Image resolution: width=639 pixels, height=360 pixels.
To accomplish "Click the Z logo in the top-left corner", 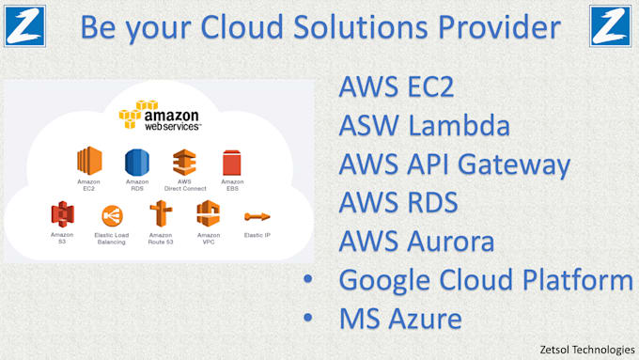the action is (24, 25).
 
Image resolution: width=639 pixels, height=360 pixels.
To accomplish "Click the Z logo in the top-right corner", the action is (611, 25).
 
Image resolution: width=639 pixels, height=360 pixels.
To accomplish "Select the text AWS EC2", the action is (396, 88).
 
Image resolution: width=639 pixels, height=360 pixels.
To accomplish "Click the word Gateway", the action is (520, 165).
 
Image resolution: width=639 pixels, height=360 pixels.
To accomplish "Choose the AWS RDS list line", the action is (397, 203).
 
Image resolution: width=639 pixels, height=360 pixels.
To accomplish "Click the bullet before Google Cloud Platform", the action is (308, 280).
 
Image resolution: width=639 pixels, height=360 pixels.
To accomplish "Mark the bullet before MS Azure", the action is (308, 319).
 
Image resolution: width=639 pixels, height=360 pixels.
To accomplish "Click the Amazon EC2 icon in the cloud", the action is (89, 161).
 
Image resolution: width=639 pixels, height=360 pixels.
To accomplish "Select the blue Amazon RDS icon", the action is (137, 161).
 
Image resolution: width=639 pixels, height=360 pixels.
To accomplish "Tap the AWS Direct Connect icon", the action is (185, 161).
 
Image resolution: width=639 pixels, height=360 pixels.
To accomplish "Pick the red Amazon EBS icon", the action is (232, 162).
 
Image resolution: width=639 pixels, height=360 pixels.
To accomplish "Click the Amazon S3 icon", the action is (63, 213).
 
